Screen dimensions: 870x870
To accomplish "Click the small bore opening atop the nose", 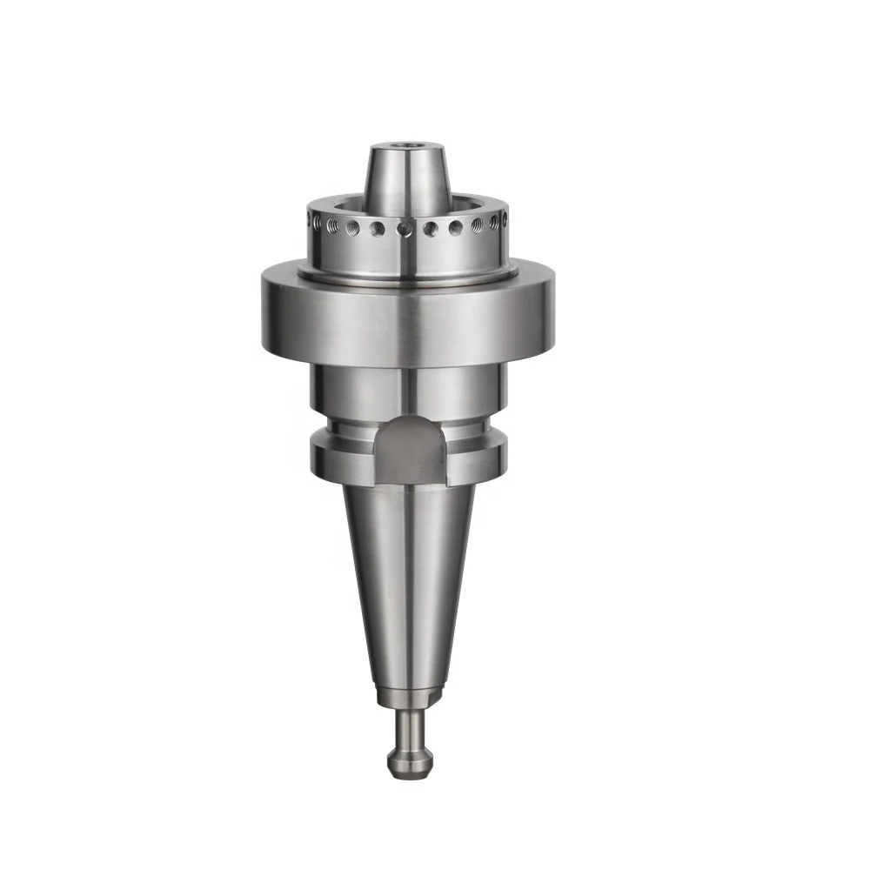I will click(405, 149).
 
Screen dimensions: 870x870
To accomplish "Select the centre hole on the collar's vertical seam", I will click(405, 228).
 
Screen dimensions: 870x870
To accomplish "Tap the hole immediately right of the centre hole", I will click(431, 229).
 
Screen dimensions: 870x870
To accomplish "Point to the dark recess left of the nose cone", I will click(342, 210).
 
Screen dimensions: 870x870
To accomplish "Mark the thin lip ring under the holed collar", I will click(406, 274).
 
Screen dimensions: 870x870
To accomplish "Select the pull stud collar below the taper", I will click(406, 696).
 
